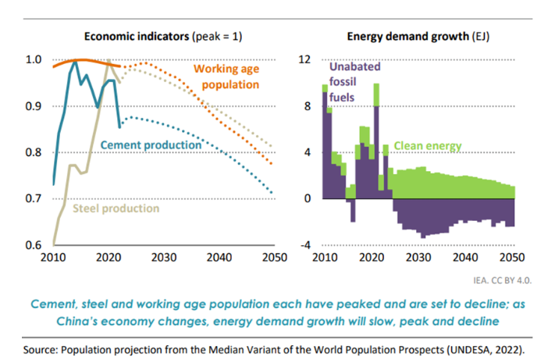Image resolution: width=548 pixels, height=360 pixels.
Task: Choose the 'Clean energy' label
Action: (x=428, y=145)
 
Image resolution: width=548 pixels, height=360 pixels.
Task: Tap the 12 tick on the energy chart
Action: (x=306, y=60)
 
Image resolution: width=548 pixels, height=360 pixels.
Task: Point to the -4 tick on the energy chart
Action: (x=306, y=245)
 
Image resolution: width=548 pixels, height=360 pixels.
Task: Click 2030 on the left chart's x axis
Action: (x=162, y=257)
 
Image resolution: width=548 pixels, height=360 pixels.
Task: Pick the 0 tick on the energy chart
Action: (x=309, y=199)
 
